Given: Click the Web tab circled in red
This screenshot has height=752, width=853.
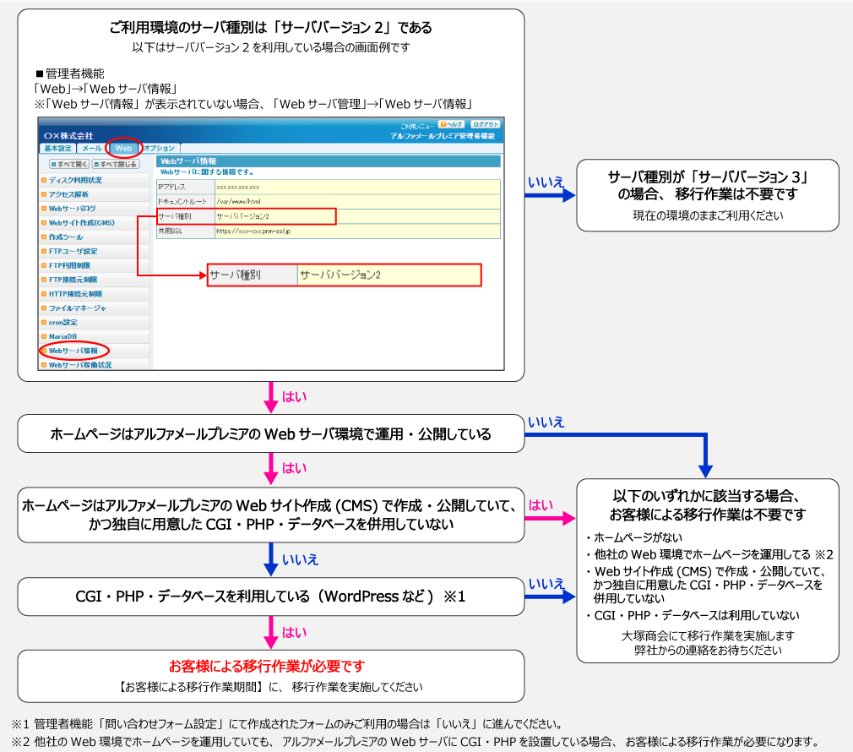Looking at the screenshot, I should coord(123,148).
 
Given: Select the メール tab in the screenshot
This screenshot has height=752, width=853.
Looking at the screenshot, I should coord(91,148).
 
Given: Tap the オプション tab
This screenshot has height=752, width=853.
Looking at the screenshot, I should coord(158,148).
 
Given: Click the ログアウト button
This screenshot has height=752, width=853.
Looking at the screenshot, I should coord(485,124).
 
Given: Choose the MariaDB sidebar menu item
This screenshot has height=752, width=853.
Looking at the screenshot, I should coord(62,336).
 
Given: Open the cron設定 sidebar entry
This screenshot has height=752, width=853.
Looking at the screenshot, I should coord(62,322).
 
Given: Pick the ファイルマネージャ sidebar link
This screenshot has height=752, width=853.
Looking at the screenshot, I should coord(77,308).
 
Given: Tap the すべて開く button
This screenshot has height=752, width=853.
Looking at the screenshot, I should coord(69,164).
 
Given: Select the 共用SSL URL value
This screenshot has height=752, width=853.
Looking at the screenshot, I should coord(253,230).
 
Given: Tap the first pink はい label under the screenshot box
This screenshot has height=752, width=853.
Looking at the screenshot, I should coord(294,396).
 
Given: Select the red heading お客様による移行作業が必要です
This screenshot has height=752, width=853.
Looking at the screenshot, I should coord(266,666).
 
